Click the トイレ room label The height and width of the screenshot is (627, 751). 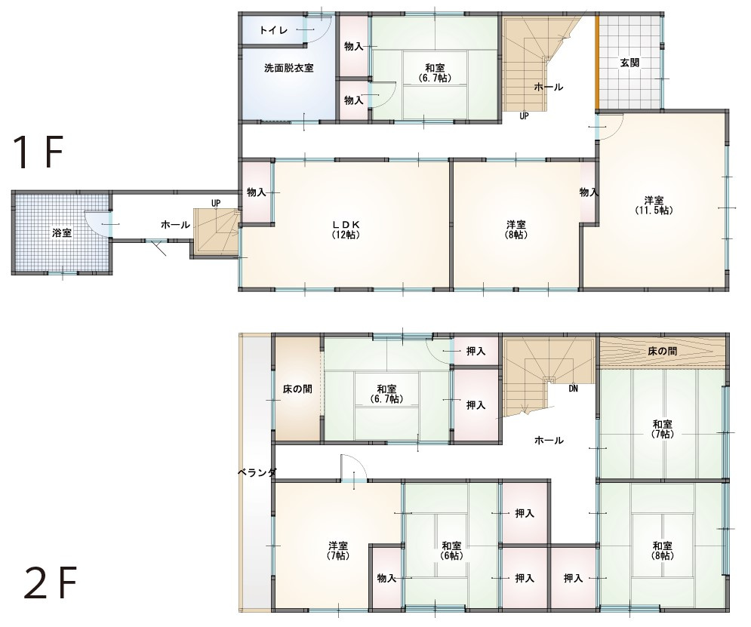273,31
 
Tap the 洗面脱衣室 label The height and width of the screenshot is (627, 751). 289,68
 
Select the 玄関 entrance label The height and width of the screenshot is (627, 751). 629,63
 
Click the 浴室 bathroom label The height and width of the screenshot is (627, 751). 62,233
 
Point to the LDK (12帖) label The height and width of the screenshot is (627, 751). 346,229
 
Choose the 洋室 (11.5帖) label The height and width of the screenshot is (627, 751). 654,205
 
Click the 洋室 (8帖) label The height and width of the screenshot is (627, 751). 516,229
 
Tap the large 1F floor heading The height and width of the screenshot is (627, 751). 39,152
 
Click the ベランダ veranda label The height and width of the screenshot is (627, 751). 257,473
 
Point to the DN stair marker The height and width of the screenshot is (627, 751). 573,389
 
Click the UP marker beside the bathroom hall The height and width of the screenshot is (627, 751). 216,204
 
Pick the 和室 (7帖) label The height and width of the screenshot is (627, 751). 662,429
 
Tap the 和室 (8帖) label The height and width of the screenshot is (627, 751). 662,551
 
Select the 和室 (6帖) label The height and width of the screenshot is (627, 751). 451,551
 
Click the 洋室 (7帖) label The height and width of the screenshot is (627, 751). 338,551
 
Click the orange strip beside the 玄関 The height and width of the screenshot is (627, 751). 597,63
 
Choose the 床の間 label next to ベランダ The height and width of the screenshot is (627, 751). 297,389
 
